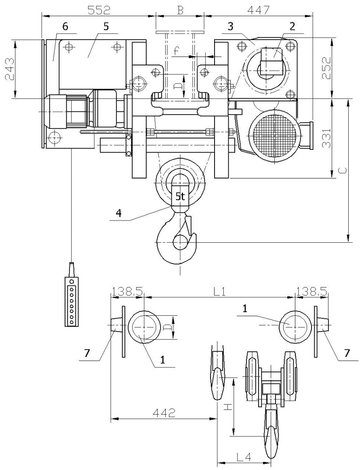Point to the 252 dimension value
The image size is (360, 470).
(x=327, y=68)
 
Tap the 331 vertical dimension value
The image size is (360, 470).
(x=327, y=138)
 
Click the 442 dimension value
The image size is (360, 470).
(x=164, y=413)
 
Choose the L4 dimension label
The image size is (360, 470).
(x=243, y=457)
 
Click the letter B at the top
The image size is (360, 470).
(x=180, y=10)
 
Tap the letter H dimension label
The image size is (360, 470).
(x=228, y=407)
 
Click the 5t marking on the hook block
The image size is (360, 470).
(x=180, y=197)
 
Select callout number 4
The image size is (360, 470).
(x=119, y=214)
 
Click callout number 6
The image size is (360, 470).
(x=65, y=26)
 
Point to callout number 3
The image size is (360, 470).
(x=230, y=26)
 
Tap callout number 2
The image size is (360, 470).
(x=292, y=26)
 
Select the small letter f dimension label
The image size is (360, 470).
(x=177, y=52)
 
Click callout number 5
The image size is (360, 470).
(x=106, y=26)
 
